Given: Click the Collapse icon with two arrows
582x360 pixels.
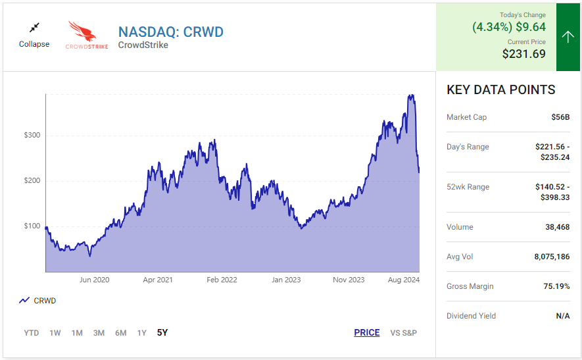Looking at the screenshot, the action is pos(34,28).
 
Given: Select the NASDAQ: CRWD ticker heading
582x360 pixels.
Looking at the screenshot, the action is pos(171,32).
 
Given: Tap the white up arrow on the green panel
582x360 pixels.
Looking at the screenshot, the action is pos(568,37).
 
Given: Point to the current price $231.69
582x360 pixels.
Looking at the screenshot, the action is pos(523,54).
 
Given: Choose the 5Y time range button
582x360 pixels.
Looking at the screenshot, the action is pos(162,332).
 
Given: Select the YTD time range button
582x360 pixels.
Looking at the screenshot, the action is pos(31,333).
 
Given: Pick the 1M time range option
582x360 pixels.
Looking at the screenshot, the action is pos(77,333).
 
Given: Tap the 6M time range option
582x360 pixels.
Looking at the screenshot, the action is pos(120,333).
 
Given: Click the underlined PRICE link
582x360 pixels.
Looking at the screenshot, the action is pos(367,332).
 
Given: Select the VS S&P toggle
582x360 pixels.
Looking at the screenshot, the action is pos(404,333).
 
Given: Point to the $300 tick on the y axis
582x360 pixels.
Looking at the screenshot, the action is pos(32,135).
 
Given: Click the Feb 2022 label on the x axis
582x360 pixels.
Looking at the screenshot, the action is pos(222,280).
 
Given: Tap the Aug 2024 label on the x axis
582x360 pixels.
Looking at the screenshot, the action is pos(404,280).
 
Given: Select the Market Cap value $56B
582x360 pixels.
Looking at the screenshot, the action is pos(560,117).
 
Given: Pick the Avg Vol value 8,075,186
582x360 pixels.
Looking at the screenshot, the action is pos(552,257).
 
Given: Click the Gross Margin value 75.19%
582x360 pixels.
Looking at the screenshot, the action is pos(556,286).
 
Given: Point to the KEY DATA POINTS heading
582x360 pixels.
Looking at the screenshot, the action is pos(500,90).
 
